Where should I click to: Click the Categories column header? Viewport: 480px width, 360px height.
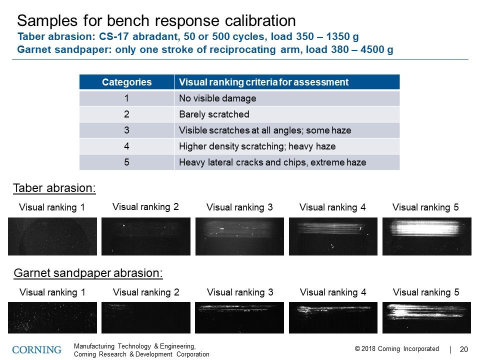coord(126,82)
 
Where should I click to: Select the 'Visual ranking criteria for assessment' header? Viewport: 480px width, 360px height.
coord(263,82)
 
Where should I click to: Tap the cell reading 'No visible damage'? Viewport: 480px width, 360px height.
coord(217,98)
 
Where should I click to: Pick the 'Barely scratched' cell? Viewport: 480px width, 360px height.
coord(214,114)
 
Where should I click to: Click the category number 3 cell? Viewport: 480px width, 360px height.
coord(126,130)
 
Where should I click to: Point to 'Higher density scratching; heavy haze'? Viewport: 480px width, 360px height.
coord(257,146)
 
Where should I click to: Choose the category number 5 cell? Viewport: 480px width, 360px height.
coord(126,162)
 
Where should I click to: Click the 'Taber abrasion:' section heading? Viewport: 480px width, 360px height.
coord(54,188)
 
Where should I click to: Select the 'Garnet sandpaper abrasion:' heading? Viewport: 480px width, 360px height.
coord(88,273)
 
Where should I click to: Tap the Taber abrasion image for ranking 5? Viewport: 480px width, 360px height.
coord(426,236)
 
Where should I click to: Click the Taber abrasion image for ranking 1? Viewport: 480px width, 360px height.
coord(52,236)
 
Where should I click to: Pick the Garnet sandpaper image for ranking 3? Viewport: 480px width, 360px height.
coord(239,317)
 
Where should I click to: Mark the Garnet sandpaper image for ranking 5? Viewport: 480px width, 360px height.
coord(426,317)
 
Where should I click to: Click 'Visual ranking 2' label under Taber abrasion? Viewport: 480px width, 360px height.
coord(145,206)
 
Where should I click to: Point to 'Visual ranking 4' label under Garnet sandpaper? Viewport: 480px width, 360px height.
coord(333,292)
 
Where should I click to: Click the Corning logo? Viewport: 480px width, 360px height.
coord(37,349)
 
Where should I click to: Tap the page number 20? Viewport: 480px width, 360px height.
coord(463,349)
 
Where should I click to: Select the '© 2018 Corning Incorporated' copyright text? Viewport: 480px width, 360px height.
coord(396,349)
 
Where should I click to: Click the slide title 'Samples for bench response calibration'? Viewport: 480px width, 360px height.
coord(156,21)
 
